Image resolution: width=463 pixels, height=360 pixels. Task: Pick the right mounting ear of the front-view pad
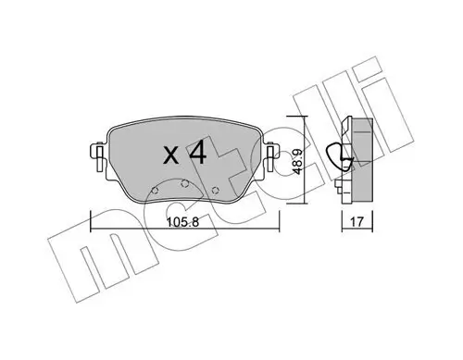pyautogui.click(x=271, y=155)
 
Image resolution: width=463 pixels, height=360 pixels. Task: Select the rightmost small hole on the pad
pyautogui.click(x=216, y=191)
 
